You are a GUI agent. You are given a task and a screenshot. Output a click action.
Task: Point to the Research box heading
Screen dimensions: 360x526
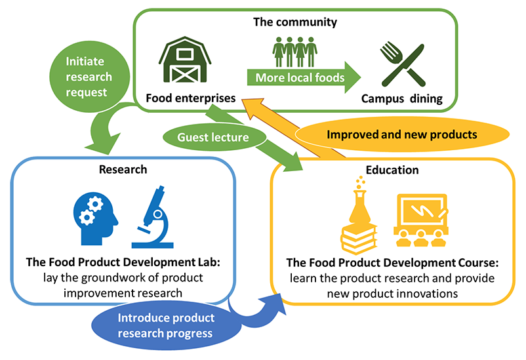pyautogui.click(x=123, y=169)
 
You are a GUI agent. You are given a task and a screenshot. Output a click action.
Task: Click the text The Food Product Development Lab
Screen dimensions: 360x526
pyautogui.click(x=123, y=262)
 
